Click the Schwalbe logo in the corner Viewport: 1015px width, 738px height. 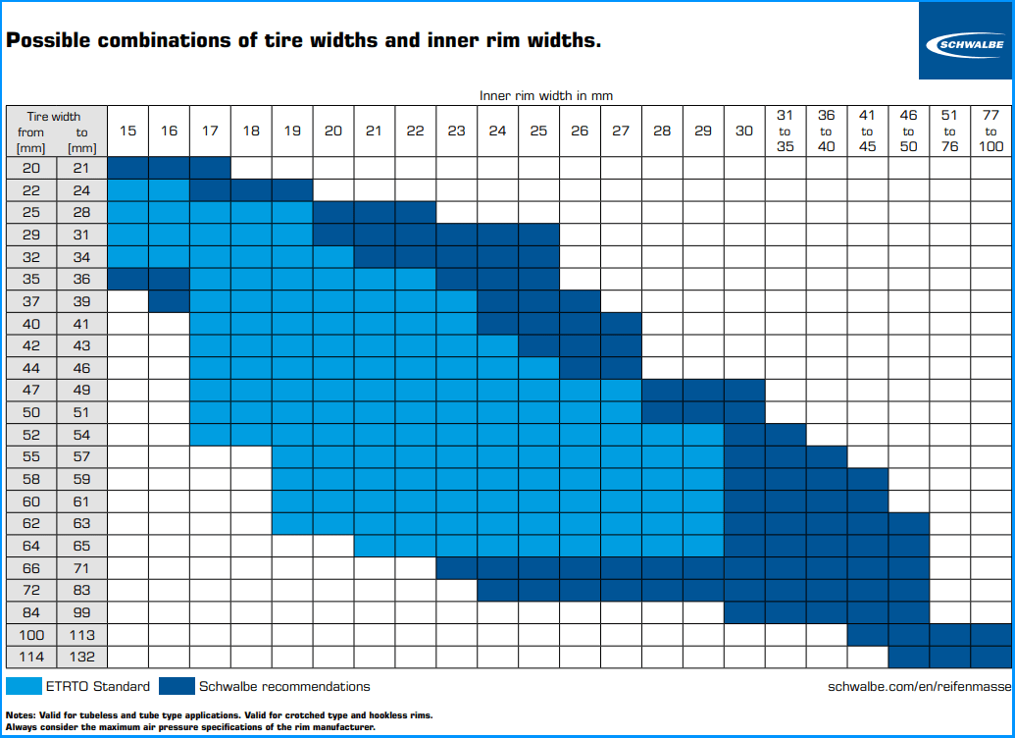pos(965,41)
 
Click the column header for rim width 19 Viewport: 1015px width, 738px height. pos(292,131)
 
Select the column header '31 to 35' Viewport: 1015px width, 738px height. pos(785,131)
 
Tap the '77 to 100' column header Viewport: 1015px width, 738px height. pos(990,131)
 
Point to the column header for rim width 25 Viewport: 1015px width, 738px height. pos(539,131)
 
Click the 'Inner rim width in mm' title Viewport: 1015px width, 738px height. pos(546,95)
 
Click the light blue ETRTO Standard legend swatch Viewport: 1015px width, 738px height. pos(25,686)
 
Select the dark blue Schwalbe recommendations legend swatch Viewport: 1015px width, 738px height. pos(178,686)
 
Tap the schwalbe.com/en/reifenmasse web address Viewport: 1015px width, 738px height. pos(919,687)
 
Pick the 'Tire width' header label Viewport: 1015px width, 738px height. pos(53,116)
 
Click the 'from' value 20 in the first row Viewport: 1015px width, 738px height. pos(31,168)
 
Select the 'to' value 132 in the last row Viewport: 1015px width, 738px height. pos(81,657)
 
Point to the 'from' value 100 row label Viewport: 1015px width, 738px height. pos(31,635)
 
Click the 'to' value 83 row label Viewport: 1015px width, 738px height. pos(81,591)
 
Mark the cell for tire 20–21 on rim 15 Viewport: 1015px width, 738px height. pos(127,168)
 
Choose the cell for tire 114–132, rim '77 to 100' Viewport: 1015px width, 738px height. pos(990,657)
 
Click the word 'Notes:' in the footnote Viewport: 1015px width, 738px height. pos(22,715)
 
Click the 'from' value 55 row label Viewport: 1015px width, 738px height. pos(31,457)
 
